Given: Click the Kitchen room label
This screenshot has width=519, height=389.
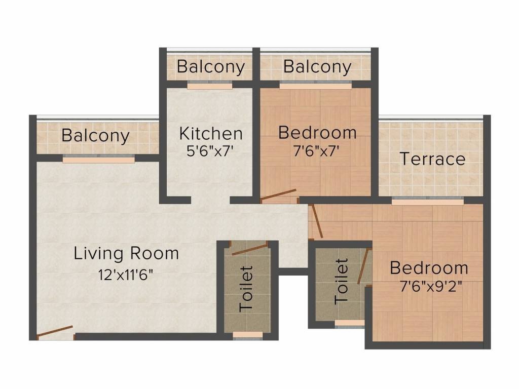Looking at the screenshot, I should (211, 134).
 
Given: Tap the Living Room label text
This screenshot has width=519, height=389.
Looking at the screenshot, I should (126, 253).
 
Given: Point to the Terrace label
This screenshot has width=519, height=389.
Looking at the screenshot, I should (432, 159).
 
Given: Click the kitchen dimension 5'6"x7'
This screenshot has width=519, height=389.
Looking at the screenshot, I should (211, 151).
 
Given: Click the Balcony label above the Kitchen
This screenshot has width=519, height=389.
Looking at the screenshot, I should (211, 67).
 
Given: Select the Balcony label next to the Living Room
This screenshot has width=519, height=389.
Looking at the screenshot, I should (95, 136).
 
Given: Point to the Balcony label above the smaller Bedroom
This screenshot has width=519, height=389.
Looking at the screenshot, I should (317, 67).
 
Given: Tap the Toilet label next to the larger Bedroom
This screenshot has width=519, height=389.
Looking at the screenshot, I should (342, 282).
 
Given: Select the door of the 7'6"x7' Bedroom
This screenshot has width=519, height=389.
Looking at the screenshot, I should (278, 195).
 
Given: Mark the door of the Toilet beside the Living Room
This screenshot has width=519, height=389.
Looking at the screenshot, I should (249, 248).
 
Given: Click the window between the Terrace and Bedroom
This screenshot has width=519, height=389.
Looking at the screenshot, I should (427, 202).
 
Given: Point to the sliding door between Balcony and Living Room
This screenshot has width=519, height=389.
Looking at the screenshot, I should (99, 160).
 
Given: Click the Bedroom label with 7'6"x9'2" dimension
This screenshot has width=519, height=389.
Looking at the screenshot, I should (429, 268).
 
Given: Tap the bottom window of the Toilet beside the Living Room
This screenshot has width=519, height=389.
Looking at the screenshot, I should (248, 335).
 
